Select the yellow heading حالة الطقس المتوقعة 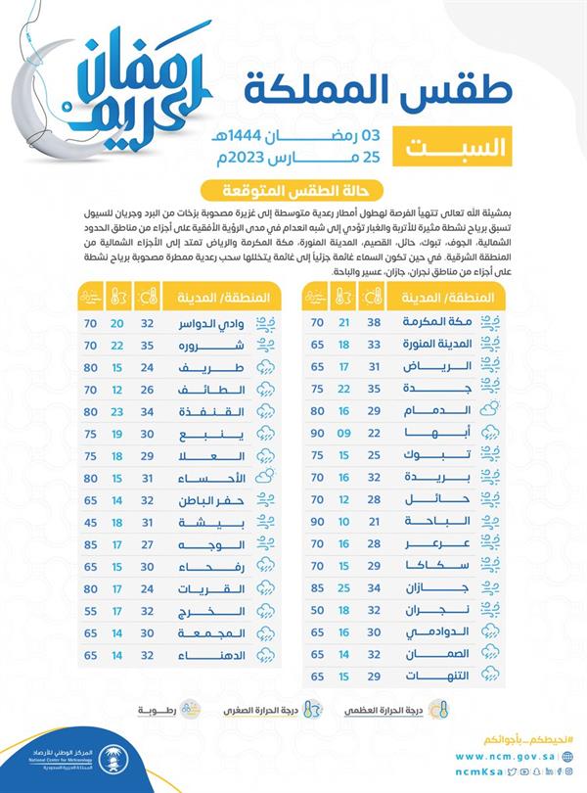coord(292,191)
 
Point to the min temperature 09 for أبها coord(343,432)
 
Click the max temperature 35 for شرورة coord(148,346)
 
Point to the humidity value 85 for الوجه coord(91,543)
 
